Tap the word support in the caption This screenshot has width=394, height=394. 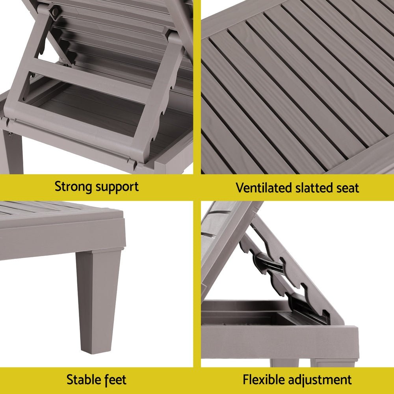117,187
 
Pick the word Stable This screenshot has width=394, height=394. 80,380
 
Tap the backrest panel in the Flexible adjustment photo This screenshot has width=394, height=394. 221,244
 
